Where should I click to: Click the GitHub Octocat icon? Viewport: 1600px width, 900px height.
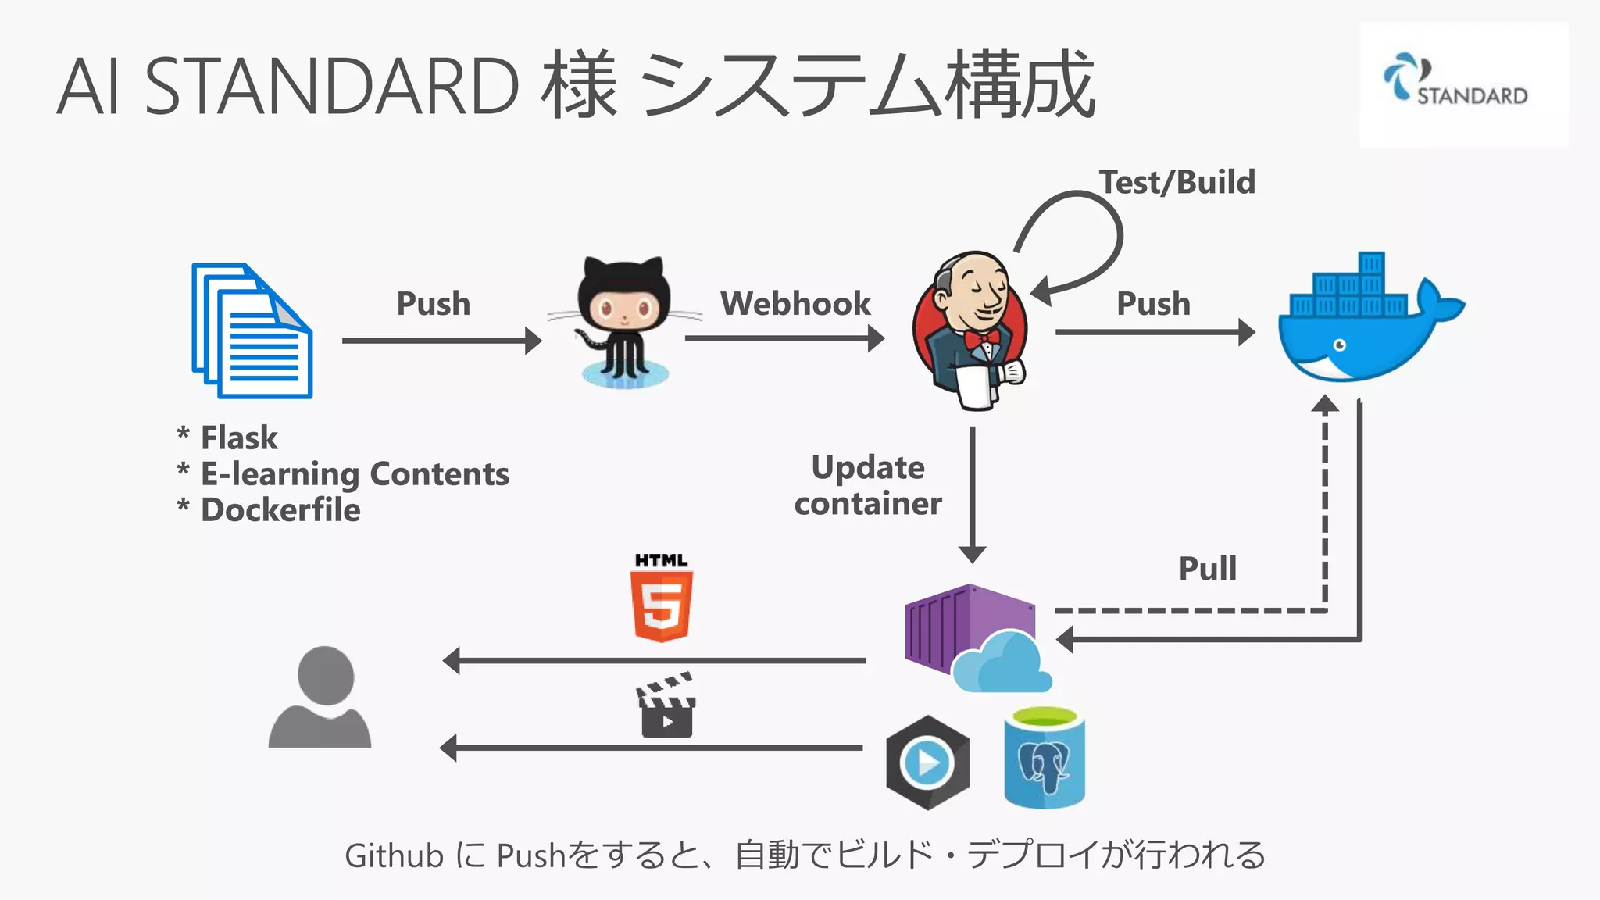point(624,320)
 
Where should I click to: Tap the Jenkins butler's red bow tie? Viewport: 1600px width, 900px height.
point(981,339)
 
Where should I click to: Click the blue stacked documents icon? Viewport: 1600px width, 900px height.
point(252,331)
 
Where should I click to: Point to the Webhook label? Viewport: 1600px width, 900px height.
point(795,303)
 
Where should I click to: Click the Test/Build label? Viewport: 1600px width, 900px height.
point(1177,182)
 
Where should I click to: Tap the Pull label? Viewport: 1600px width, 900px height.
point(1207,568)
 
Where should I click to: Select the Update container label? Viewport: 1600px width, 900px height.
point(868,485)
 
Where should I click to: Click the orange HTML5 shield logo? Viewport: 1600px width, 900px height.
point(661,605)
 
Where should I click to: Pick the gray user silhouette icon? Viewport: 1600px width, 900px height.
point(320,697)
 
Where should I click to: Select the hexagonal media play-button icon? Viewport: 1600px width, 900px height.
point(927,762)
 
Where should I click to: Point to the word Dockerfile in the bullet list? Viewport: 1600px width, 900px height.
point(280,510)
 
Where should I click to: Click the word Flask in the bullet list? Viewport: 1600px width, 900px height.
point(239,437)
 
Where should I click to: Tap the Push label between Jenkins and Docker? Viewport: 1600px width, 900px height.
point(1153,303)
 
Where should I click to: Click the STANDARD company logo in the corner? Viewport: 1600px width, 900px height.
point(1462,84)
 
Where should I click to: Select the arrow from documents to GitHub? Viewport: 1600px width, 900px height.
point(441,341)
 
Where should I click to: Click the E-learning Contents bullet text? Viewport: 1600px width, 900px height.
point(355,473)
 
